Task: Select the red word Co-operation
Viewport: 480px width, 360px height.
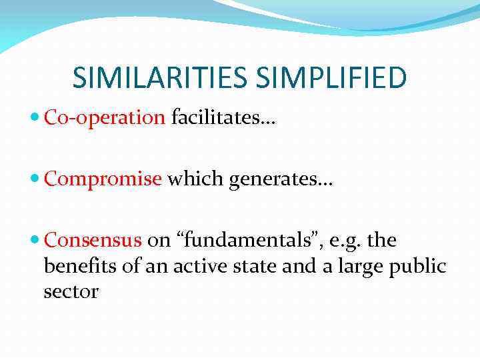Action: [x=104, y=119]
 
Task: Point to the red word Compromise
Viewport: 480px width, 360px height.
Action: [x=103, y=179]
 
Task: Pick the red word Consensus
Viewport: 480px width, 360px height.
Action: [x=93, y=239]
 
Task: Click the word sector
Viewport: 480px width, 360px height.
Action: [x=71, y=292]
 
